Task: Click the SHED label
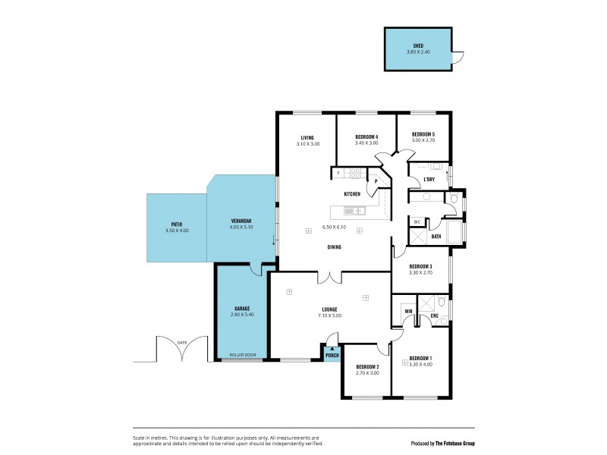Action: [417, 45]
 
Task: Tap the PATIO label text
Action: [176, 224]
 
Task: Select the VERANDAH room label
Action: [241, 221]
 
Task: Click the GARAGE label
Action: [242, 309]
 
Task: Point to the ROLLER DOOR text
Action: [242, 355]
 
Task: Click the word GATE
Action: [181, 343]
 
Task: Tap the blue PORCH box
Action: [332, 353]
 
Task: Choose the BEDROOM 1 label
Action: [420, 358]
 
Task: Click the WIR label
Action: [407, 311]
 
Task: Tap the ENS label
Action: [434, 315]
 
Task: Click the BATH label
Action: [436, 237]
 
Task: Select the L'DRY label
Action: [429, 180]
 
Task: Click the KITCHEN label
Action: [352, 194]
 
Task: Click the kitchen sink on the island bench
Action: [354, 211]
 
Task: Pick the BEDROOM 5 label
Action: [423, 133]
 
